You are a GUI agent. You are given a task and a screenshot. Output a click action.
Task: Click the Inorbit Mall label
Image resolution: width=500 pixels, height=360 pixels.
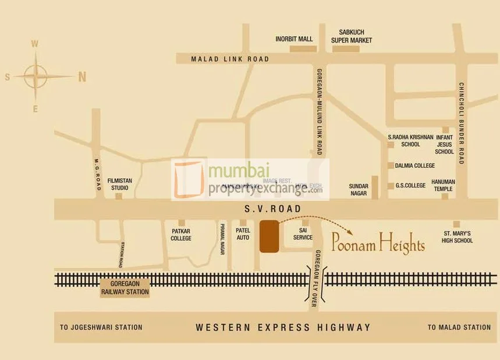294,39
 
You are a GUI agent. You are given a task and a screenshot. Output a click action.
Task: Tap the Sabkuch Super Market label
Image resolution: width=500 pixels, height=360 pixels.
352,36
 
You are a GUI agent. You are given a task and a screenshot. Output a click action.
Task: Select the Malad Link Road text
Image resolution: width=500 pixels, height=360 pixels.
230,59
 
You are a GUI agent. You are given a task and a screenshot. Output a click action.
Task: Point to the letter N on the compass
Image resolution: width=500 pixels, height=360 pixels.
82,76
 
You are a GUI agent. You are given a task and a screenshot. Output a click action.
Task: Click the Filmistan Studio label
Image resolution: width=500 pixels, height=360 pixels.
119,185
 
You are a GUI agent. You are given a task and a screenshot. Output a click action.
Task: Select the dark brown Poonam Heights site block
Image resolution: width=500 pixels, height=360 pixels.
269,237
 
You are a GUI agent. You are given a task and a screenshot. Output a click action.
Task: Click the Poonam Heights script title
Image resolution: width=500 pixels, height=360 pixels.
378,243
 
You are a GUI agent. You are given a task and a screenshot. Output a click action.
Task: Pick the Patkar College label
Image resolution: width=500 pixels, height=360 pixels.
181,234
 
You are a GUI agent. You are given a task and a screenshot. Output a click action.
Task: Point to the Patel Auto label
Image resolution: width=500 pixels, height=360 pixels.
243,234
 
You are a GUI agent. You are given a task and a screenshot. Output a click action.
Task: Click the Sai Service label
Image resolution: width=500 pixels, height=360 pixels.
303,234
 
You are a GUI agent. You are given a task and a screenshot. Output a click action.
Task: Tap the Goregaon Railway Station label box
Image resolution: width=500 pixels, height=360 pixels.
125,288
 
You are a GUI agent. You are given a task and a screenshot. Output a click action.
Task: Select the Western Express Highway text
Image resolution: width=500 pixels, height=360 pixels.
283,327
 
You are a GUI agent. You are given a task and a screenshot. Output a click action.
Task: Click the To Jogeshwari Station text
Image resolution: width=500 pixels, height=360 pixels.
101,327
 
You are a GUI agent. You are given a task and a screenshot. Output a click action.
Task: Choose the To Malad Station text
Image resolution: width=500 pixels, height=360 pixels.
459,327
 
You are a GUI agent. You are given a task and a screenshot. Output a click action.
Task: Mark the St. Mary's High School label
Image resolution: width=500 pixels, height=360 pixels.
456,237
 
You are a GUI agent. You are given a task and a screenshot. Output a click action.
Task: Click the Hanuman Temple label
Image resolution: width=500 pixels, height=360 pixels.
444,185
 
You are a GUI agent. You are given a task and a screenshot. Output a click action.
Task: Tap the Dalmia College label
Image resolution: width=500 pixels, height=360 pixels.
415,165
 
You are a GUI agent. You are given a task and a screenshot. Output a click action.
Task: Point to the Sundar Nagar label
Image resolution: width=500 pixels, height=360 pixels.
358,189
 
